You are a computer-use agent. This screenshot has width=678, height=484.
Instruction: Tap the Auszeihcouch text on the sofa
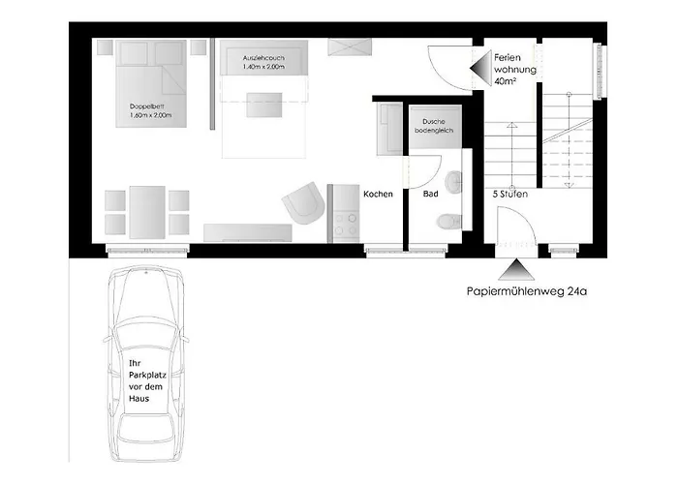point(263,58)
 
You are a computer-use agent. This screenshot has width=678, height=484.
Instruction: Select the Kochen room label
point(378,194)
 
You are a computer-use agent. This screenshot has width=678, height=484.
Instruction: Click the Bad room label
point(430,194)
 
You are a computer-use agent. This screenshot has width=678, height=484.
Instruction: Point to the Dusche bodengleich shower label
point(434,126)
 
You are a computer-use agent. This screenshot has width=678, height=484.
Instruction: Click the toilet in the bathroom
point(448,222)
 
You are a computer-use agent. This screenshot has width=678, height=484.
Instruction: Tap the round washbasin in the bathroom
point(453,181)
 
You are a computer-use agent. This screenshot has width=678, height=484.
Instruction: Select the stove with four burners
point(347,225)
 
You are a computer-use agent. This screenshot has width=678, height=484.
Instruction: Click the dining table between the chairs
point(147,212)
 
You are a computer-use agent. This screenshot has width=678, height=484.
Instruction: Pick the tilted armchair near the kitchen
point(304,203)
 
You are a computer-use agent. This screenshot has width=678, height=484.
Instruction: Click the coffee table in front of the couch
point(264,105)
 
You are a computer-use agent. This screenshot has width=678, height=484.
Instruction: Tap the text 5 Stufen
point(510,195)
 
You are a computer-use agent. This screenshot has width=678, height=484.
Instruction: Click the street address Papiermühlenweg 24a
point(527,291)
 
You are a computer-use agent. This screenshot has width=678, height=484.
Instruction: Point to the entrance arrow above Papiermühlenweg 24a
point(515,270)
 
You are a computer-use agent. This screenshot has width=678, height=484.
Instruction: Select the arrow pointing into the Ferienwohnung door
point(480,69)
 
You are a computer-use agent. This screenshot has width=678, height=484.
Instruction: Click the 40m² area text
point(505,80)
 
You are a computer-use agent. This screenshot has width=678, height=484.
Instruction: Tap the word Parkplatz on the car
point(147,376)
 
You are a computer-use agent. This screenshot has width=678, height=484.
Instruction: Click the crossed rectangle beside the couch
point(350,46)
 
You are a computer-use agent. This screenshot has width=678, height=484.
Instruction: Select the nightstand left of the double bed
point(105,47)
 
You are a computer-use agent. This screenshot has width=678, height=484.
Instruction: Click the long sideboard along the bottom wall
point(248,232)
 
